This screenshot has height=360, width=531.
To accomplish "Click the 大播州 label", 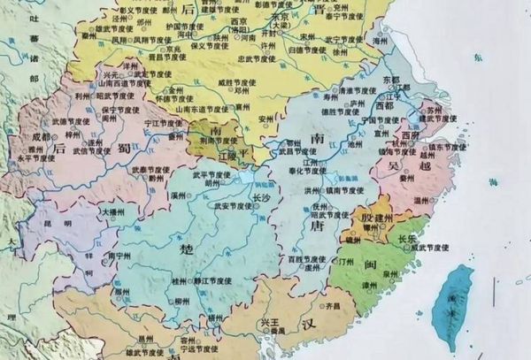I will [x=112, y=213].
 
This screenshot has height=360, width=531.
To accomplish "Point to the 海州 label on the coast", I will [x=381, y=42].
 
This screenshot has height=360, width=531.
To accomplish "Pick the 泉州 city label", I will [x=387, y=275].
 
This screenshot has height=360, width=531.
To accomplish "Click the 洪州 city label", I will [x=310, y=190].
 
